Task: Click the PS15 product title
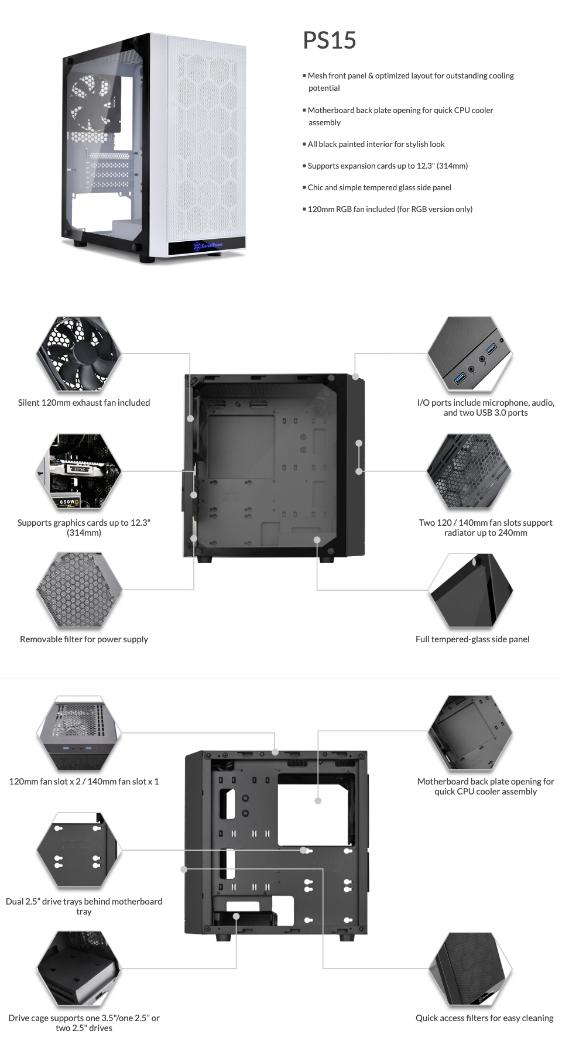[x=329, y=40]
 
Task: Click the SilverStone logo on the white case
[x=207, y=246]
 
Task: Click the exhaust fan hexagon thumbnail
[x=79, y=354]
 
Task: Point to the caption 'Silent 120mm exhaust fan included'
[x=84, y=403]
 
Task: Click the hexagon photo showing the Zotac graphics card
[x=79, y=471]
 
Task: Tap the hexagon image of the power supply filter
[x=79, y=590]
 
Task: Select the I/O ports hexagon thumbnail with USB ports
[x=470, y=354]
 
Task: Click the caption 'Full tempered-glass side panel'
[x=472, y=639]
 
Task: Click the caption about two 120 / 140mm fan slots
[x=485, y=528]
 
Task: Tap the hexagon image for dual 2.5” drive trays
[x=79, y=850]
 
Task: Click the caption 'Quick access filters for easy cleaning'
[x=484, y=1018]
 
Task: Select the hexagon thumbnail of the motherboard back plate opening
[x=470, y=732]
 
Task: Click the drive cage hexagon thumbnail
[x=79, y=968]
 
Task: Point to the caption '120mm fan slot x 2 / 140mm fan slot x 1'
[x=84, y=782]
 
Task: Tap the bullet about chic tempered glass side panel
[x=379, y=187]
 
